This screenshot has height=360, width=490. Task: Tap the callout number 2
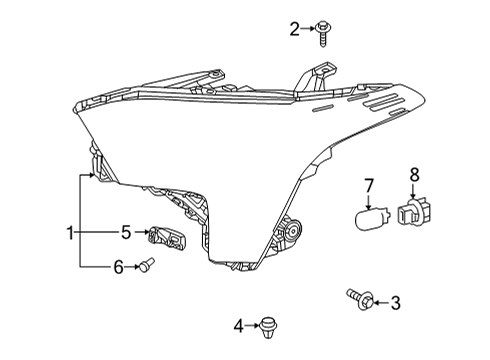(x=295, y=29)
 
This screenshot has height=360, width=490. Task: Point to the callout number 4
(x=239, y=325)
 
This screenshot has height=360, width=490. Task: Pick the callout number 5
(x=126, y=233)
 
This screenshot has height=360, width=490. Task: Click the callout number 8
(x=415, y=176)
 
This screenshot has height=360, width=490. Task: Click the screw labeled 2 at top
(x=325, y=33)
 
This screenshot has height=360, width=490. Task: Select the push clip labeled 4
(x=267, y=324)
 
